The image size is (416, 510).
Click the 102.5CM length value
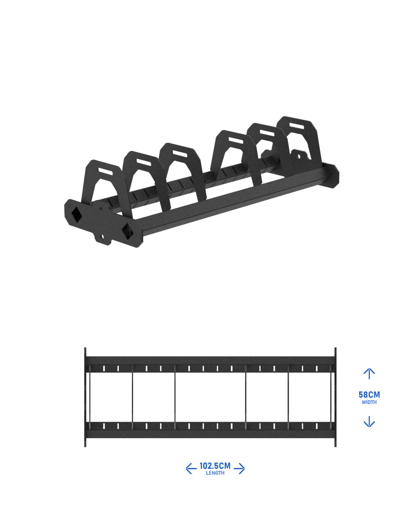coord(215,465)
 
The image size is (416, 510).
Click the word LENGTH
coord(215,473)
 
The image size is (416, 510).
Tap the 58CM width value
coord(369,395)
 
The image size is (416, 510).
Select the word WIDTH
coord(369,402)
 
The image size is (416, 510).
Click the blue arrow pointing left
coord(191,469)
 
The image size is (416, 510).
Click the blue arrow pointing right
coord(239,469)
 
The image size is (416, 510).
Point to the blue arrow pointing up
coord(369,374)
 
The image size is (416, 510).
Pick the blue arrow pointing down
coord(369,421)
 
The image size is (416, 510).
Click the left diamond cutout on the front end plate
coord(76,215)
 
